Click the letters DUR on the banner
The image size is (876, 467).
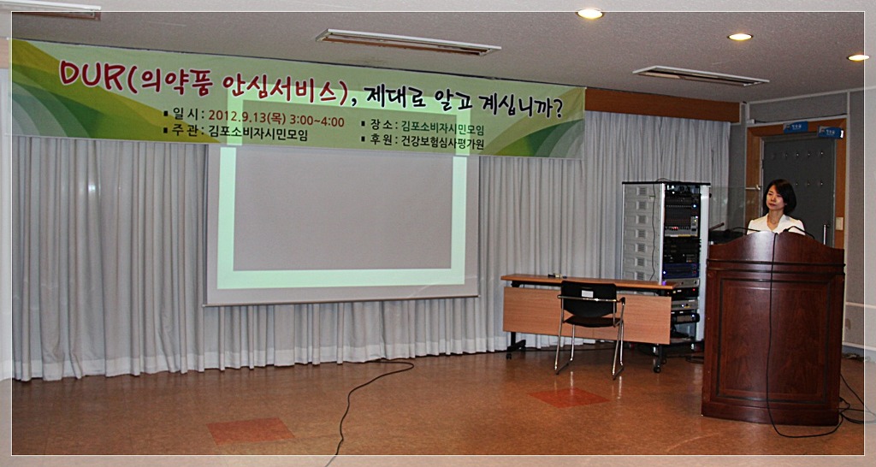click(x=91, y=74)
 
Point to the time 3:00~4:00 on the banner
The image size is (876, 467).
click(x=317, y=121)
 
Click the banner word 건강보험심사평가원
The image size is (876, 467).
click(x=442, y=143)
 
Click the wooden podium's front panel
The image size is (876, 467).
click(x=773, y=340)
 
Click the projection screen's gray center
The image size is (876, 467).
click(x=342, y=208)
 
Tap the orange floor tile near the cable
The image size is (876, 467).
click(x=251, y=429)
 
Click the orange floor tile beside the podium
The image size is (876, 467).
click(x=568, y=397)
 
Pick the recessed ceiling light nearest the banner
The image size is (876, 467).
click(x=590, y=14)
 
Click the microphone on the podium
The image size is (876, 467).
click(x=798, y=229)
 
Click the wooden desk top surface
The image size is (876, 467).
click(x=588, y=281)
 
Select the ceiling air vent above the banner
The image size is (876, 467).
click(x=407, y=43)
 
